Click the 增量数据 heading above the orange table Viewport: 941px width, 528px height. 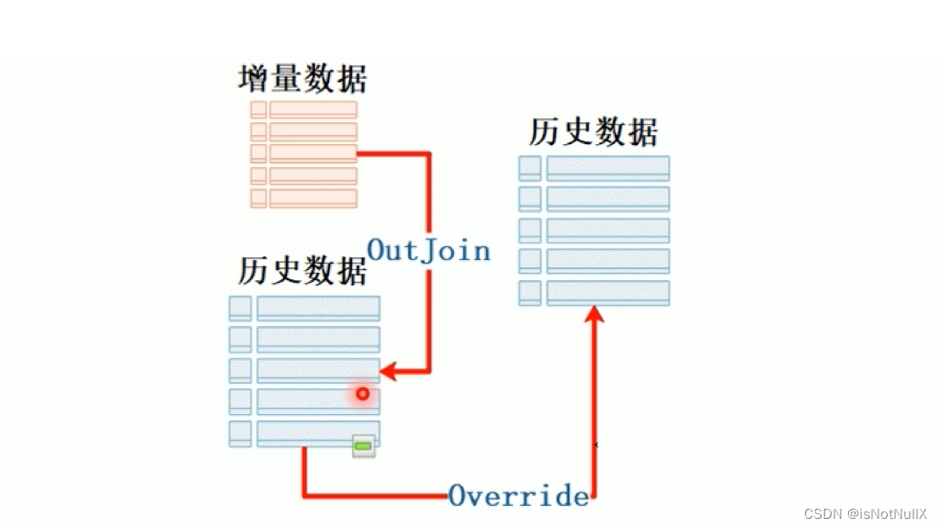(x=302, y=79)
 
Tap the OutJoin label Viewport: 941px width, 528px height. (x=428, y=250)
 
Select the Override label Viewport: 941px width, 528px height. (x=518, y=496)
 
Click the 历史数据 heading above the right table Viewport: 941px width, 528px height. (x=594, y=132)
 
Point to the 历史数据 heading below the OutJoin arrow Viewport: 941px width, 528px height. (x=302, y=272)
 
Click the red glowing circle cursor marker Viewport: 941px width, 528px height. (x=363, y=394)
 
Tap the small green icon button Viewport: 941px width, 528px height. (x=364, y=446)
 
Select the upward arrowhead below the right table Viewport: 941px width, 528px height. (x=595, y=315)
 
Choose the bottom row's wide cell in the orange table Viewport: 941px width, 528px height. (x=312, y=198)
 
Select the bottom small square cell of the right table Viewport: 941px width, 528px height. (x=529, y=293)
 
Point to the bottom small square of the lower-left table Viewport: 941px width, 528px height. (x=240, y=433)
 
